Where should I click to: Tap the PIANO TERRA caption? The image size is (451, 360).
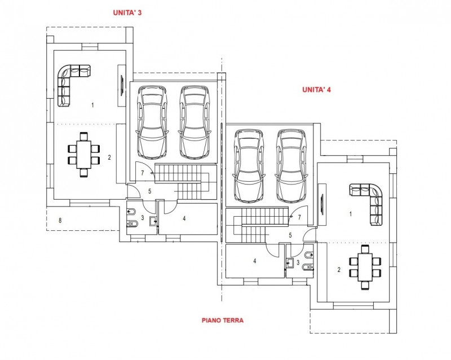pyautogui.click(x=222, y=320)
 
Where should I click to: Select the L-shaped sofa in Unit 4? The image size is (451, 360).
pyautogui.click(x=370, y=200)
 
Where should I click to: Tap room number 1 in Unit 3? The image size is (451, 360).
pyautogui.click(x=92, y=104)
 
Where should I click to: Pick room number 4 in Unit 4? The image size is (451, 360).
pyautogui.click(x=255, y=261)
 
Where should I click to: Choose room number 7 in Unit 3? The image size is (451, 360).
pyautogui.click(x=143, y=172)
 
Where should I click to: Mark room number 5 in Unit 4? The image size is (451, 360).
pyautogui.click(x=290, y=235)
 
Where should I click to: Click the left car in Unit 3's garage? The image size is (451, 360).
pyautogui.click(x=152, y=121)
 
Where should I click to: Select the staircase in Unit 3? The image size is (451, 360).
pyautogui.click(x=184, y=182)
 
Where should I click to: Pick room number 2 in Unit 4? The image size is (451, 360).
pyautogui.click(x=339, y=270)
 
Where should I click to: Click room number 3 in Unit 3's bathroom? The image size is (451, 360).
pyautogui.click(x=143, y=217)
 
